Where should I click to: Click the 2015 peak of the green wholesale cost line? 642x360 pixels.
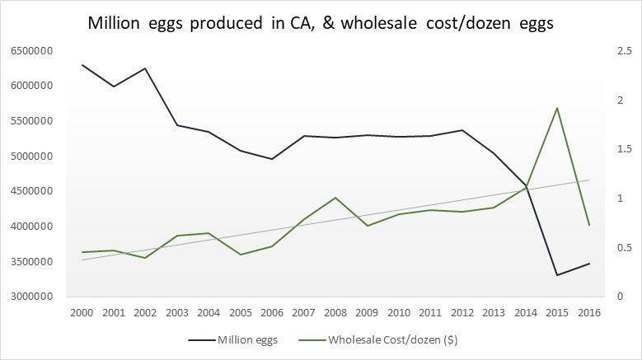[x=558, y=108]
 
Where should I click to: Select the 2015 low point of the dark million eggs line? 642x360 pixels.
[x=558, y=275]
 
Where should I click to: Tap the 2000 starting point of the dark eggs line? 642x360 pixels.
[x=82, y=64]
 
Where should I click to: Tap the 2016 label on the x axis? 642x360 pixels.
[x=588, y=313]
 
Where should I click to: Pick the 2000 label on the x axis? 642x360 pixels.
[x=82, y=313]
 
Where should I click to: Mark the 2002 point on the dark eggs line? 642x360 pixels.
[x=146, y=68]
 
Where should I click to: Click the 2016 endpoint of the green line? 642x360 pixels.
[x=588, y=225]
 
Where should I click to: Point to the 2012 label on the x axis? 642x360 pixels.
[x=462, y=313]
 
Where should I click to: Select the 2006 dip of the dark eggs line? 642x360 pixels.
[x=273, y=158]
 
